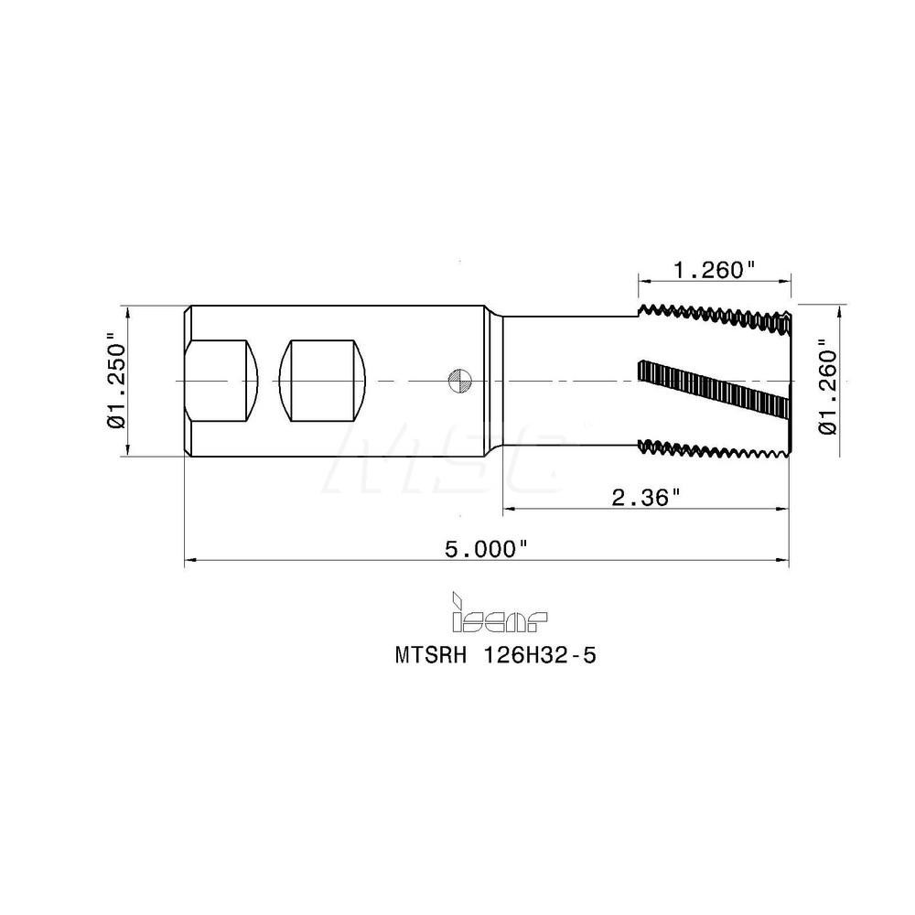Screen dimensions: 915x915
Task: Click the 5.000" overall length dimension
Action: point(486,549)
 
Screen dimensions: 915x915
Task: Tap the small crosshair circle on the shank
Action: point(458,380)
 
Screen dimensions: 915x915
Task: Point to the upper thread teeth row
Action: point(714,316)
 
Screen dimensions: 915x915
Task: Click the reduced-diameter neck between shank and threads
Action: point(567,380)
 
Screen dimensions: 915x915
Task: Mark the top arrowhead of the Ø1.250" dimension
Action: point(127,311)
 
